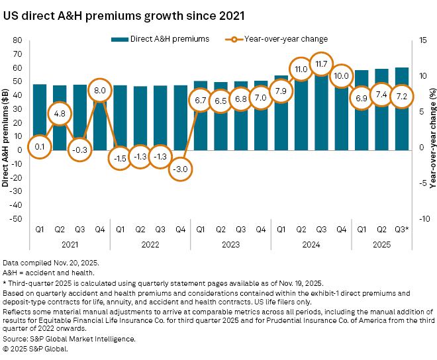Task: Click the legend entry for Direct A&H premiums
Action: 160,39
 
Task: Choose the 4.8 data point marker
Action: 60,113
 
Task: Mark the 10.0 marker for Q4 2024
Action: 342,77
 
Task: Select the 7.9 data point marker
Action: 281,91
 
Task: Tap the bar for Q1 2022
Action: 120,116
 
